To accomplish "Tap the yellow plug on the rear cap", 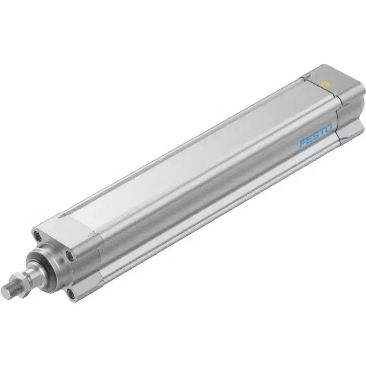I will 325,83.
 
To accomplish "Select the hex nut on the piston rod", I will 29,280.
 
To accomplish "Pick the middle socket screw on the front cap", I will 70,256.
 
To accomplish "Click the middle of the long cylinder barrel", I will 199,173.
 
